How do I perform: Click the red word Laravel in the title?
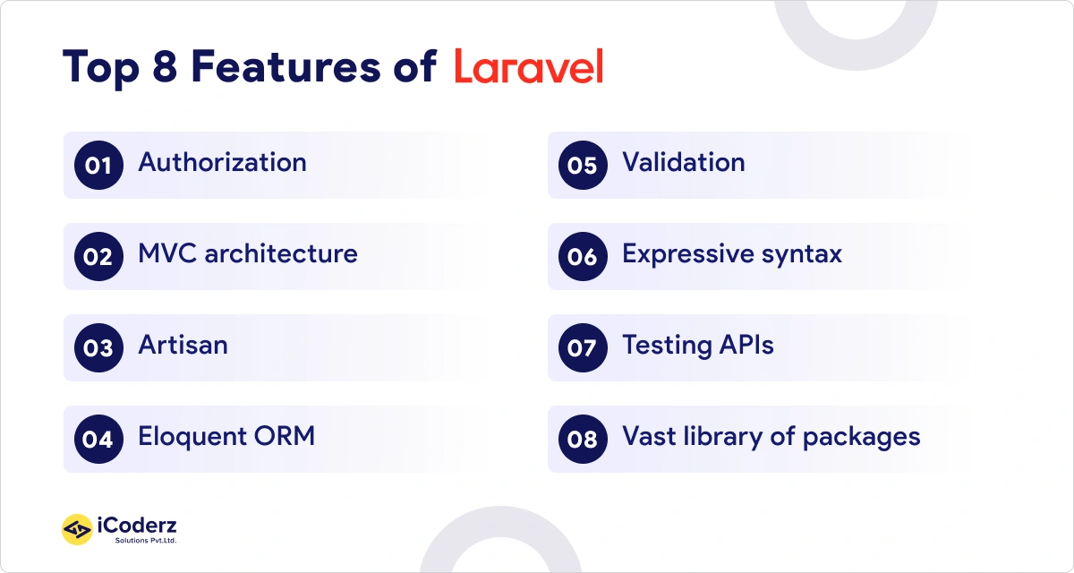[x=528, y=67]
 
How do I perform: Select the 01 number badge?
[x=98, y=166]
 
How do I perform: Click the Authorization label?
[x=222, y=163]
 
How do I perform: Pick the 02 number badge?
[x=98, y=257]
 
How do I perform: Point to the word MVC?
[x=167, y=254]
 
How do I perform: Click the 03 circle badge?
[x=98, y=348]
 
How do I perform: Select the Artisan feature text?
[x=183, y=346]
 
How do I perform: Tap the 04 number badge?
[x=98, y=440]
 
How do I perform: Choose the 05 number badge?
[x=582, y=166]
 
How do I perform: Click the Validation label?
[x=683, y=163]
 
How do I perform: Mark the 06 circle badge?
[x=582, y=257]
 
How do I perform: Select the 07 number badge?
[x=582, y=348]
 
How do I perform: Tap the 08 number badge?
[x=582, y=440]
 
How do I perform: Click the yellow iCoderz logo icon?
[x=77, y=530]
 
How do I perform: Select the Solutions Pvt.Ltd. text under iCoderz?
[x=145, y=541]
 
